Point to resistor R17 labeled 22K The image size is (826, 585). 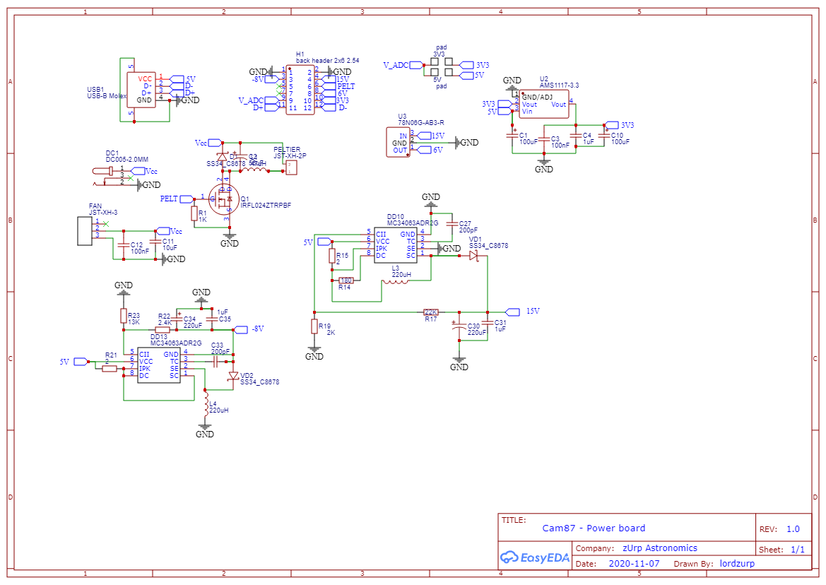click(431, 312)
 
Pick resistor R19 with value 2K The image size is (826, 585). click(314, 326)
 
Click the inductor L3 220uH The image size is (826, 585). click(395, 283)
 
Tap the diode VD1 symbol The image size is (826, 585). click(473, 256)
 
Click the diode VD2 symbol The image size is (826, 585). click(233, 376)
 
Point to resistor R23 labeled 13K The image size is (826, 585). click(124, 316)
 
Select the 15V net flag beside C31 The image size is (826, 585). click(513, 312)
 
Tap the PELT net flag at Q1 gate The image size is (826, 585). click(186, 199)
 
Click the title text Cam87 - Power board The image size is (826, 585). click(594, 528)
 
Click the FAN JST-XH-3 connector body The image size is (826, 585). click(85, 232)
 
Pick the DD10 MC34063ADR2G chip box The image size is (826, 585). click(396, 244)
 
